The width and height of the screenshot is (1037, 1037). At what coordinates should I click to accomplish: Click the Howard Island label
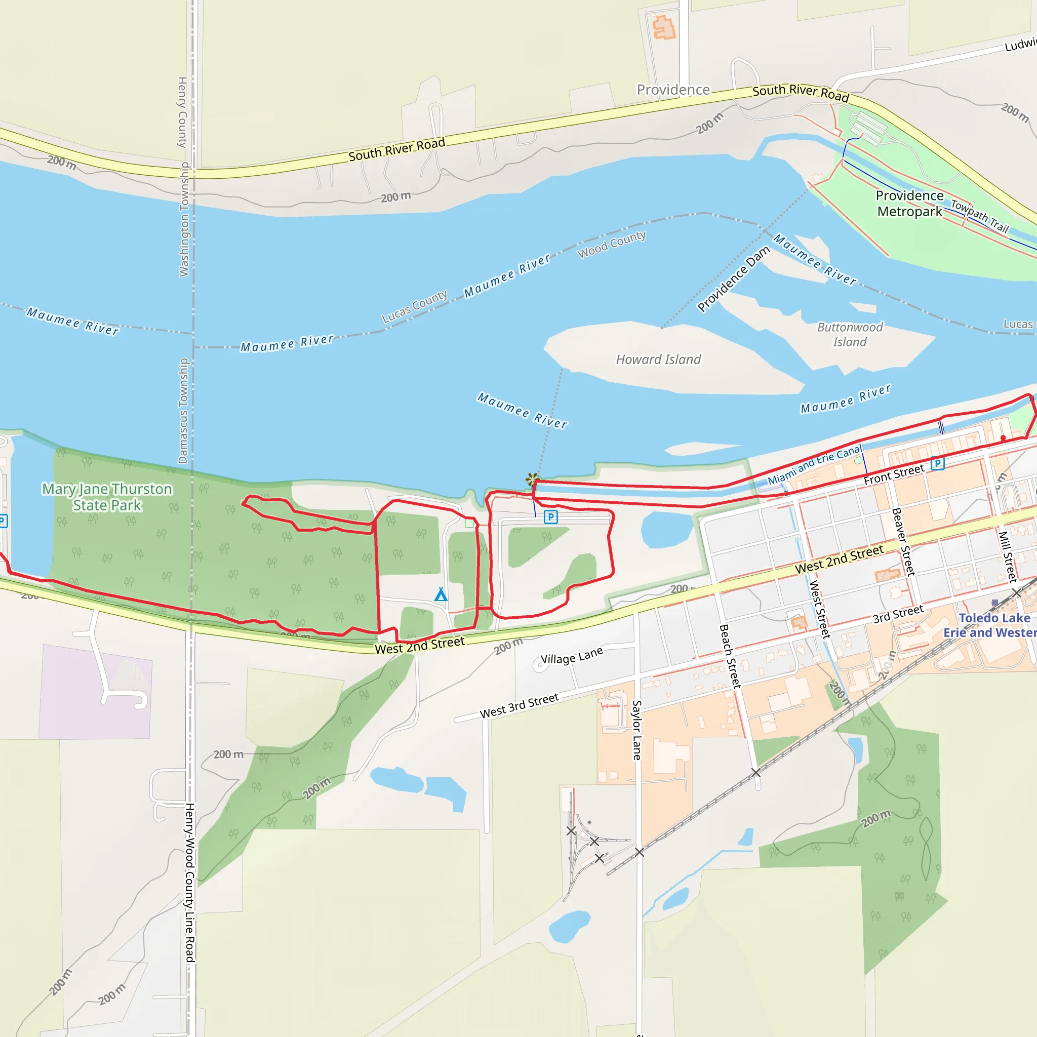point(658,360)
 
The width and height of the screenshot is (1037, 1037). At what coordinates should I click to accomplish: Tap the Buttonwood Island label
point(850,334)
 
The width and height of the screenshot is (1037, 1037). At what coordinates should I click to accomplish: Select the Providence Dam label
point(733,279)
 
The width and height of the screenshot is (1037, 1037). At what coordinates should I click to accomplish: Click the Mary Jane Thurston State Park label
point(107,497)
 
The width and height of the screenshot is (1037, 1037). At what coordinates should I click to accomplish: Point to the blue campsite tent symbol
point(441,594)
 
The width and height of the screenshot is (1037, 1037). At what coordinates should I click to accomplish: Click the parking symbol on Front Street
point(937,463)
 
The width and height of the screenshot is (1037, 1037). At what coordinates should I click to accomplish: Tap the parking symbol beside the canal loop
point(551,517)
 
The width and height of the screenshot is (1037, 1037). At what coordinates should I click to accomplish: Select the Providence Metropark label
point(909,204)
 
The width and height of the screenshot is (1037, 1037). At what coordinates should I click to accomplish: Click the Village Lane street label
point(572,656)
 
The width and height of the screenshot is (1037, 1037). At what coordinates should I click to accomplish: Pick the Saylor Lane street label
point(637,730)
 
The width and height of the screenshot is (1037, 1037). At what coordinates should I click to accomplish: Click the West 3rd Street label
point(519,706)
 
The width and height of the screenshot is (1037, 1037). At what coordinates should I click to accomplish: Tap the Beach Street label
point(730,656)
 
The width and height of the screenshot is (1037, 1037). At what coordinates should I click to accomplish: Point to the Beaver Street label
point(903,542)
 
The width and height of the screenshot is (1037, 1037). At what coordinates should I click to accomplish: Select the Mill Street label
point(1008,556)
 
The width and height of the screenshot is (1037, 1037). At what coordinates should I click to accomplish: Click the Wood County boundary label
point(611,245)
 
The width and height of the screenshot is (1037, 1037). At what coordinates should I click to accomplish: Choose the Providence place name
point(673,90)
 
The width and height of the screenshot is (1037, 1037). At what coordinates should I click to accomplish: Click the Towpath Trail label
point(980,216)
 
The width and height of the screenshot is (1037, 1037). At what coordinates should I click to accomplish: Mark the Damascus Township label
point(183,411)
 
